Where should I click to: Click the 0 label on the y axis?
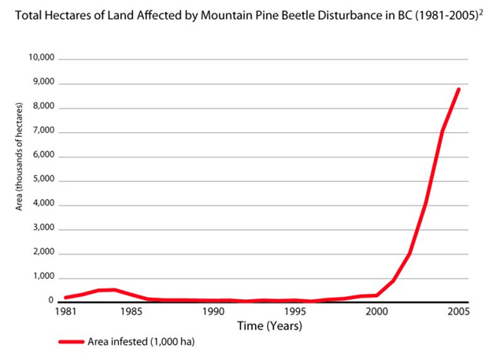pyautogui.click(x=50, y=301)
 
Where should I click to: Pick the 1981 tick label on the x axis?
pyautogui.click(x=68, y=311)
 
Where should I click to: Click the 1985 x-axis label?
pyautogui.click(x=132, y=311)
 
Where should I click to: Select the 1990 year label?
pyautogui.click(x=214, y=311)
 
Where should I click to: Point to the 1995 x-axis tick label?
pyautogui.click(x=295, y=311)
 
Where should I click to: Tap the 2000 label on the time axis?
pyautogui.click(x=377, y=311)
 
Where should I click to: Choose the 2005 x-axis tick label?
pyautogui.click(x=458, y=311)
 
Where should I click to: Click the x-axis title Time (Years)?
pyautogui.click(x=263, y=325)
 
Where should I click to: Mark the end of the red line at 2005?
pyautogui.click(x=458, y=89)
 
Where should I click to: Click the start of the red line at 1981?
pyautogui.click(x=66, y=297)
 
